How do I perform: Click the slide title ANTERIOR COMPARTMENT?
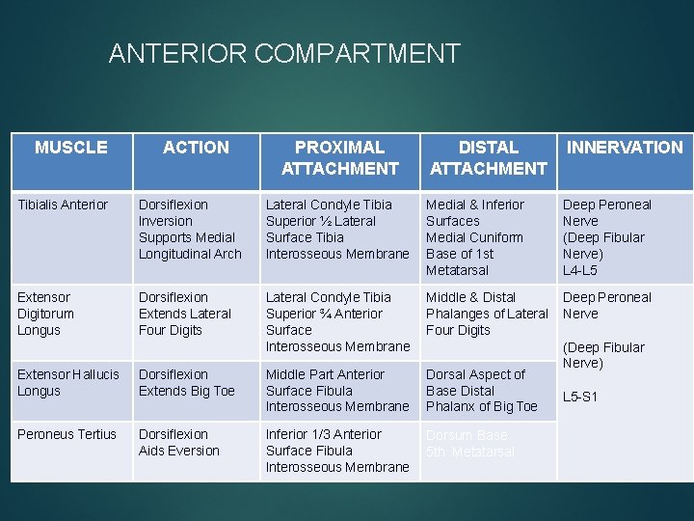pyautogui.click(x=284, y=53)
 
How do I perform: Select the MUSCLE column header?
pyautogui.click(x=70, y=148)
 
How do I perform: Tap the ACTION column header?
pyautogui.click(x=196, y=148)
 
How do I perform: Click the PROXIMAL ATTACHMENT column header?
pyautogui.click(x=339, y=158)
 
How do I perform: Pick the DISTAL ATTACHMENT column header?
pyautogui.click(x=488, y=158)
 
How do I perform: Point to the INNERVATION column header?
pyautogui.click(x=624, y=148)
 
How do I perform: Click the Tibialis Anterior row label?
pyautogui.click(x=63, y=205)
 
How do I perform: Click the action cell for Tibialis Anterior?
pyautogui.click(x=190, y=230)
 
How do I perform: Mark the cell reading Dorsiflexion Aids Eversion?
pyautogui.click(x=179, y=443)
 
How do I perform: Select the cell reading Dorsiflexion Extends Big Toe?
pyautogui.click(x=187, y=382)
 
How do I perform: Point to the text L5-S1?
pyautogui.click(x=580, y=397)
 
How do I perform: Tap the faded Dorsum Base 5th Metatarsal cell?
pyautogui.click(x=470, y=443)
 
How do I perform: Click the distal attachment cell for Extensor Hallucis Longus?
pyautogui.click(x=481, y=391)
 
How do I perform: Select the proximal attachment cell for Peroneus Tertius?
pyautogui.click(x=337, y=451)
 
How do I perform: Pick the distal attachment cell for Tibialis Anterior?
pyautogui.click(x=475, y=237)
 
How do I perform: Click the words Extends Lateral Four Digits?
pyautogui.click(x=185, y=322)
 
